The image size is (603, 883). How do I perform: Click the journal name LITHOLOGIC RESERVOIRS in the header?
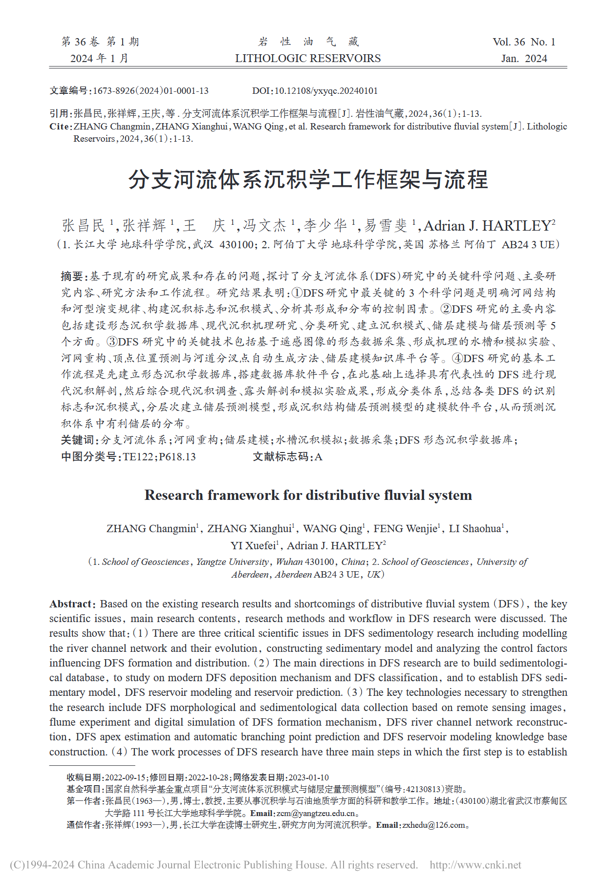[308, 59]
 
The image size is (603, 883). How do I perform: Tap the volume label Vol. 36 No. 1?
[524, 42]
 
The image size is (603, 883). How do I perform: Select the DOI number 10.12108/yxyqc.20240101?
[326, 91]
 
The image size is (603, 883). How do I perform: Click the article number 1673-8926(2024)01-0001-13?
[151, 91]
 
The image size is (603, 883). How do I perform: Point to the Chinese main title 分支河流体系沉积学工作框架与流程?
[308, 180]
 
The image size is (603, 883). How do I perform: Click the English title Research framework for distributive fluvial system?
[308, 495]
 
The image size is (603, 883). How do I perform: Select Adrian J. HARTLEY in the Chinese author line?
[489, 226]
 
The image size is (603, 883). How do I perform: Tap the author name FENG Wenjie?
[405, 529]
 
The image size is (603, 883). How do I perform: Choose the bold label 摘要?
[72, 277]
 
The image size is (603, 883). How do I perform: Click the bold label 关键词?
[78, 440]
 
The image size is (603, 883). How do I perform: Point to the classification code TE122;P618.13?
[159, 457]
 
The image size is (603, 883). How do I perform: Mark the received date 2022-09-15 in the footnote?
[125, 777]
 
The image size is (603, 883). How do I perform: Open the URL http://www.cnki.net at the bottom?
[475, 865]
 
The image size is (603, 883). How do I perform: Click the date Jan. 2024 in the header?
[524, 59]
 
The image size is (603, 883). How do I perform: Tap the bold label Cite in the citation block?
[60, 127]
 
